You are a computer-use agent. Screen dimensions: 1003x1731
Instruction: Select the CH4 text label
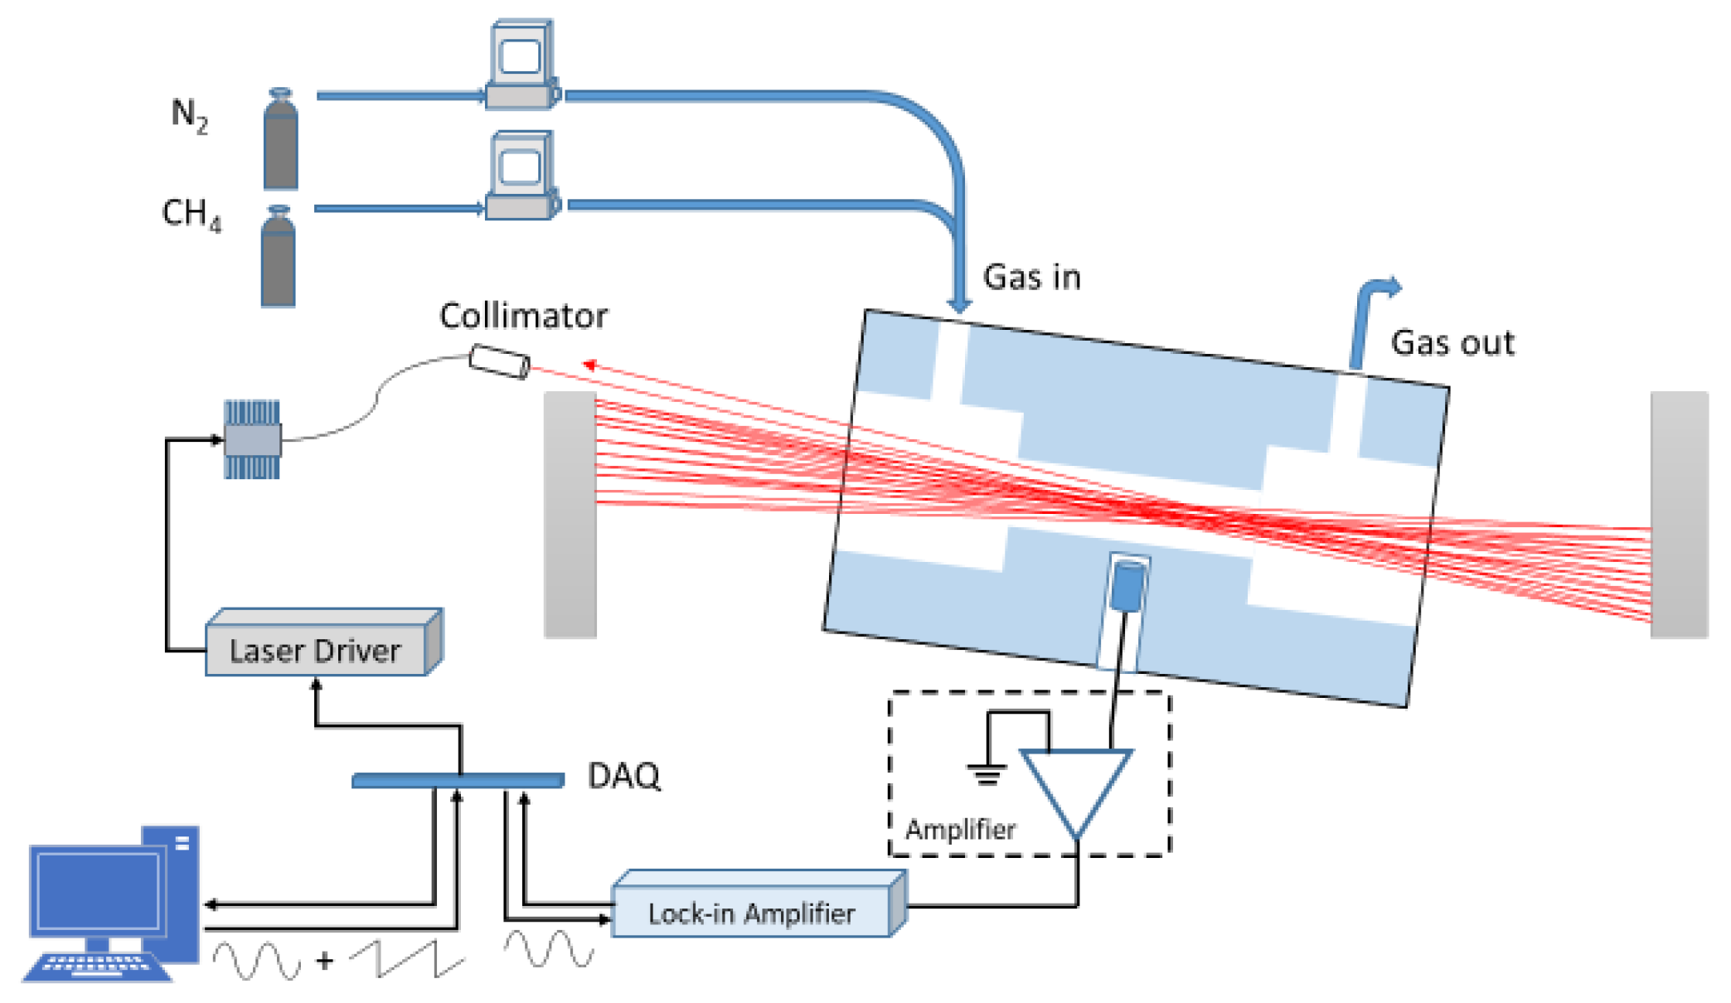191,214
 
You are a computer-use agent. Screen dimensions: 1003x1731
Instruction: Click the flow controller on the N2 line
521,66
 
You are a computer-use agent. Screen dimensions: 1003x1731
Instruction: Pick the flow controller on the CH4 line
521,177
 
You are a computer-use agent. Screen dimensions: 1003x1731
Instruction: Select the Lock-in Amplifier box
751,912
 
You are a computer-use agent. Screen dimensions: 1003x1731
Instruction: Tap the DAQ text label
623,776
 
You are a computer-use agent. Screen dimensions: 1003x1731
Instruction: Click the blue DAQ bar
458,780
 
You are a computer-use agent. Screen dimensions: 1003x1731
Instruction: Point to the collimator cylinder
499,362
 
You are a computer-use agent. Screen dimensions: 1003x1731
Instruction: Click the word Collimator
523,316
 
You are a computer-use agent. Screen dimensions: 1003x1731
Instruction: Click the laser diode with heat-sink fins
253,439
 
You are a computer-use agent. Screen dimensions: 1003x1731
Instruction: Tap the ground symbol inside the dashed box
987,774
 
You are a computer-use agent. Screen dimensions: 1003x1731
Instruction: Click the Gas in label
1031,277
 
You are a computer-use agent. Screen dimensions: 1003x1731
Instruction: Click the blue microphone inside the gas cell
1127,585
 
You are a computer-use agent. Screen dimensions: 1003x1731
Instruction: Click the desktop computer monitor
98,890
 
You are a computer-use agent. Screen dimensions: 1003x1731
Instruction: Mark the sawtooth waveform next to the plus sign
406,959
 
